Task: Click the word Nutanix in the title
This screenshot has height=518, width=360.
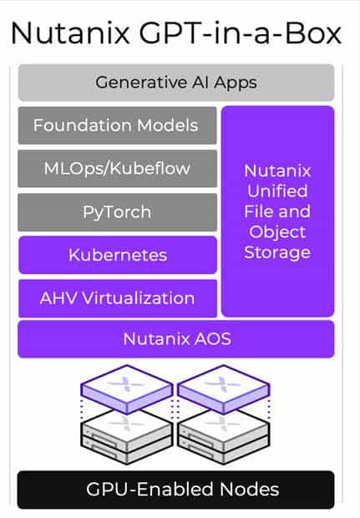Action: pyautogui.click(x=70, y=33)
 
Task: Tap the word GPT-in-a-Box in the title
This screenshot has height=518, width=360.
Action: pyautogui.click(x=241, y=33)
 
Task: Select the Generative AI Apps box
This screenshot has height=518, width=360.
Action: pyautogui.click(x=176, y=83)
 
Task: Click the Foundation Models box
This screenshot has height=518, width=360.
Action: pyautogui.click(x=117, y=125)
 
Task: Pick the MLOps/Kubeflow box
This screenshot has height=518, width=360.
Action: pyautogui.click(x=117, y=169)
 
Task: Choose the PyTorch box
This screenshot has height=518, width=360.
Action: pyautogui.click(x=117, y=211)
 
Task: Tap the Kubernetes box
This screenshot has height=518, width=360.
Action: pyautogui.click(x=118, y=255)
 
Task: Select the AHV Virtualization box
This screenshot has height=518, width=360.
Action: pyautogui.click(x=118, y=298)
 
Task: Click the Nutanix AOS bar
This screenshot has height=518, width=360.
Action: pyautogui.click(x=176, y=339)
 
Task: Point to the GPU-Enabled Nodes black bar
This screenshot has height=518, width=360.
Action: pyautogui.click(x=176, y=490)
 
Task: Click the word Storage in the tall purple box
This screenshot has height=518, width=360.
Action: pyautogui.click(x=277, y=252)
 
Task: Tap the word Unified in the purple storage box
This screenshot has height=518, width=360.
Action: pyautogui.click(x=277, y=191)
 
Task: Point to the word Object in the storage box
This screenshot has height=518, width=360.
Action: pyautogui.click(x=277, y=232)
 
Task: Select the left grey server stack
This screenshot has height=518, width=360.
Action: pyautogui.click(x=126, y=436)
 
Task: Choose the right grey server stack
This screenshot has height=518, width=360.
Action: pyautogui.click(x=224, y=436)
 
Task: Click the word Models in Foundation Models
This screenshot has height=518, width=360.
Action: pyautogui.click(x=167, y=125)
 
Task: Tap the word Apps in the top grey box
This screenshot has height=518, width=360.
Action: pyautogui.click(x=236, y=83)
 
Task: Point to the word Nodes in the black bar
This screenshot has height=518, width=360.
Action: pyautogui.click(x=250, y=490)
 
